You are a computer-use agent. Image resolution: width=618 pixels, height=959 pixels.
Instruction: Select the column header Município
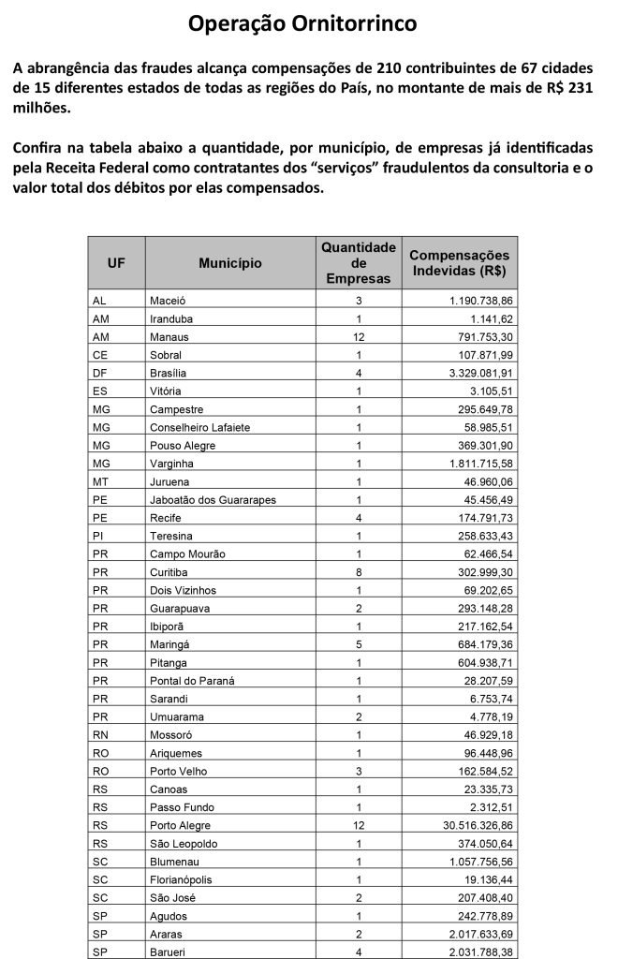tap(229, 264)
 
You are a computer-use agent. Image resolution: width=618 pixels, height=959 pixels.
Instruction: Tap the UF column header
tap(116, 264)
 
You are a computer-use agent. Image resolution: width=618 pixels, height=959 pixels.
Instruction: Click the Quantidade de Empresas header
tap(359, 263)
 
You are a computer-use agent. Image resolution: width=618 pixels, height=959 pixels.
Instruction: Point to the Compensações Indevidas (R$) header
tap(460, 263)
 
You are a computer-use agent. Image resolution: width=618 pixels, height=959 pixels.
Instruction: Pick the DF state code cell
tap(101, 373)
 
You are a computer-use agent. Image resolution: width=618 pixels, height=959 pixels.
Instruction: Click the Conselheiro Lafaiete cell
tap(200, 427)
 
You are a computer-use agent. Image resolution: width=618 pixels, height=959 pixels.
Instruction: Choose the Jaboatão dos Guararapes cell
tap(213, 500)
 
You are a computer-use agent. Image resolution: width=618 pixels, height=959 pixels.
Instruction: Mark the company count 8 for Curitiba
tap(359, 572)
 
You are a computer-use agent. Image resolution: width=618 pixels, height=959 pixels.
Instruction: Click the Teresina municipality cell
tap(171, 536)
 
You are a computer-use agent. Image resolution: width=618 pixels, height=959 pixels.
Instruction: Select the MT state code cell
tap(101, 481)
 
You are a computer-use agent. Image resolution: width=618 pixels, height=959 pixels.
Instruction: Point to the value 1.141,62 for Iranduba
tap(489, 318)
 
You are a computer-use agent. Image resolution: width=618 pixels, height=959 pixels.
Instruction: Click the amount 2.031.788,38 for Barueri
tap(476, 951)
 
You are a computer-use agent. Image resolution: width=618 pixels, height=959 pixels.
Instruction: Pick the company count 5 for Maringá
tap(359, 644)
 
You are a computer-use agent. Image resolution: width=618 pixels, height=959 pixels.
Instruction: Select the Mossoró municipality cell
tap(170, 734)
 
